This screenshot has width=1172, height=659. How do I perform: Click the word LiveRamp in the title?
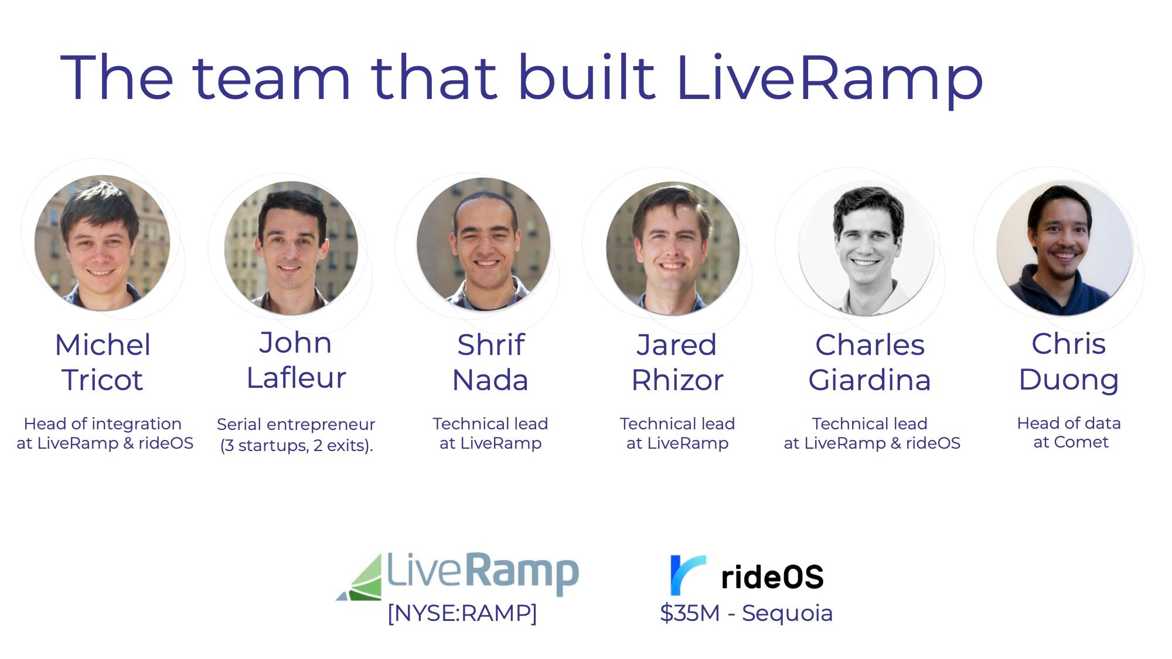(x=829, y=79)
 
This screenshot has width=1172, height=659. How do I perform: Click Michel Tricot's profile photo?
(x=102, y=243)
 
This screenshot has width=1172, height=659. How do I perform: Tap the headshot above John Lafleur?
(x=291, y=248)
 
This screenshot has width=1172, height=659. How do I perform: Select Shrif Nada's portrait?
(x=483, y=244)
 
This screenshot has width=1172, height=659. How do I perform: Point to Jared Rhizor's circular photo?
(x=673, y=248)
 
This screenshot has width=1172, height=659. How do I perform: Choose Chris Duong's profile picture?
(x=1065, y=248)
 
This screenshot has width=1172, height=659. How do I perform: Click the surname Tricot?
(x=103, y=380)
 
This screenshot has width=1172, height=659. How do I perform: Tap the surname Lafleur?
(x=297, y=378)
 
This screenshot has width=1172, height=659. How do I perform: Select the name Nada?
(x=490, y=380)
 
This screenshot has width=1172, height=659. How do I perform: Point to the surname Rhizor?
(x=677, y=380)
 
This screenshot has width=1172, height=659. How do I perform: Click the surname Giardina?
(x=870, y=380)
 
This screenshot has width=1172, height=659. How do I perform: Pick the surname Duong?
(x=1069, y=380)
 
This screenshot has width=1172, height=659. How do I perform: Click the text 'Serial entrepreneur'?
(x=296, y=425)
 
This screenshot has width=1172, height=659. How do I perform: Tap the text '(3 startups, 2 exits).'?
(x=297, y=446)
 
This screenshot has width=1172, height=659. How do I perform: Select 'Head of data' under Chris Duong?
(x=1069, y=423)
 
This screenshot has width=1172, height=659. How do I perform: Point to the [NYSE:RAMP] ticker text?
(x=462, y=613)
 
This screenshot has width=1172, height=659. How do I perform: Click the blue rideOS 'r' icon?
(x=687, y=575)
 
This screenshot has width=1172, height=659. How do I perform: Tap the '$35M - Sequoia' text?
(x=746, y=613)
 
